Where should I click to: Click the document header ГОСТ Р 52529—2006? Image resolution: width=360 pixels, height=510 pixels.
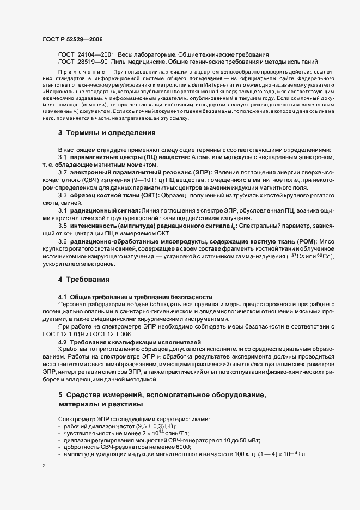[x=72, y=39]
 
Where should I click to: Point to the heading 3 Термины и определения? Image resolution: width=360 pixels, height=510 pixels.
[x=100, y=132]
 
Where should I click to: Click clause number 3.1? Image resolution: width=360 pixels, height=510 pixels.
[x=63, y=157]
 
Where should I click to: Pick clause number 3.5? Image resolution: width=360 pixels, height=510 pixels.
[x=63, y=226]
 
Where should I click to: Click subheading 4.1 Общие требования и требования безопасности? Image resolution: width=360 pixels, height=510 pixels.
[x=135, y=296]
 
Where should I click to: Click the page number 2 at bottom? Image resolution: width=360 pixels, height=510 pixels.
[x=44, y=466]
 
